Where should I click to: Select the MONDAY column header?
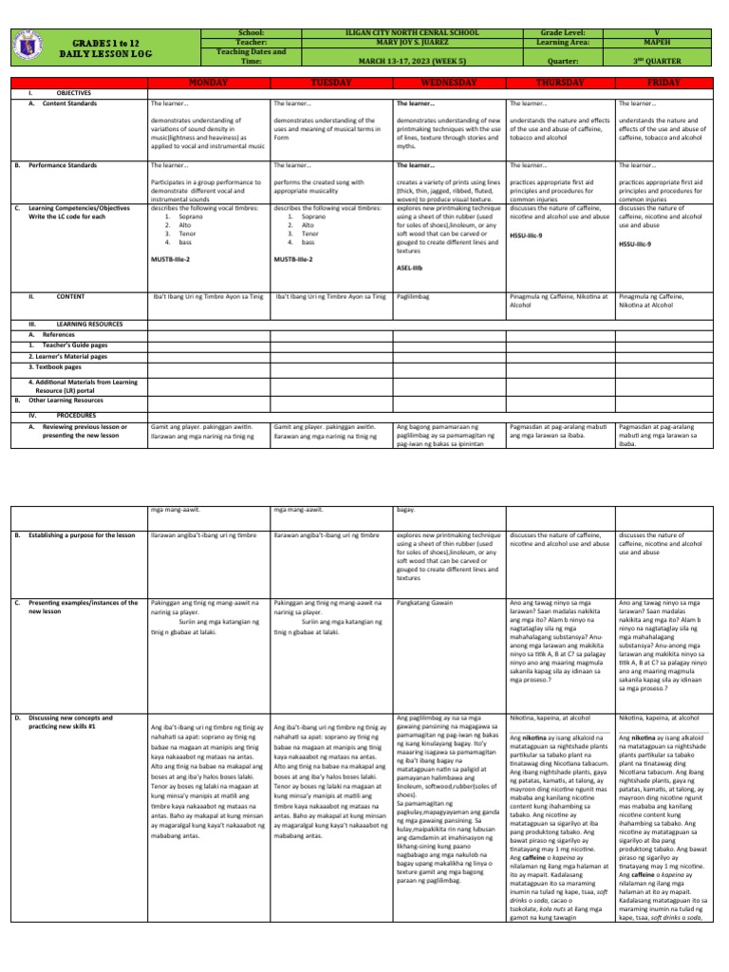208,84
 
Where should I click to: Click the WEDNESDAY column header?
448,84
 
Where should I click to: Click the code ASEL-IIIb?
410,268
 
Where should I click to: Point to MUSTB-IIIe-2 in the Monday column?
169,258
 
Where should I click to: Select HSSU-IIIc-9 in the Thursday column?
528,234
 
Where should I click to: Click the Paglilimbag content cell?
413,297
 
